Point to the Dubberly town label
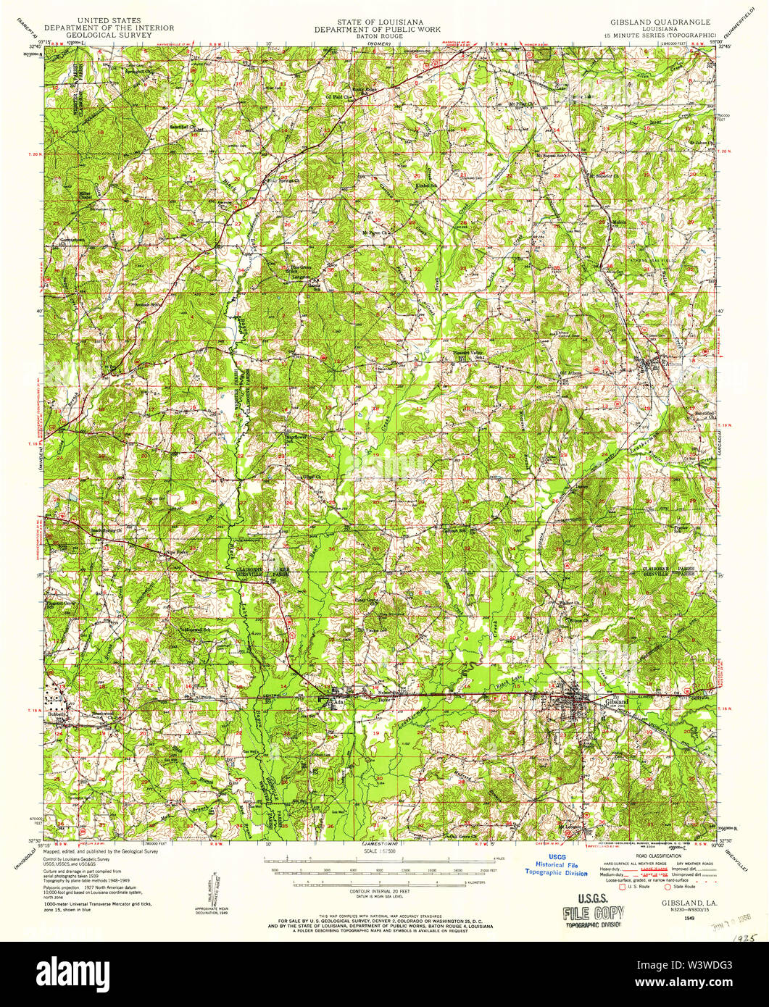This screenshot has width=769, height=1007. (57, 714)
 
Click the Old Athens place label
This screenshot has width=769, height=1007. (572, 373)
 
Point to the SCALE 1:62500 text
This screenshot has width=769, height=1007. (374, 851)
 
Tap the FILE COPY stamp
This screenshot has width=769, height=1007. (593, 911)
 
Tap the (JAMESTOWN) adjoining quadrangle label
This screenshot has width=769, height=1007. (374, 845)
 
